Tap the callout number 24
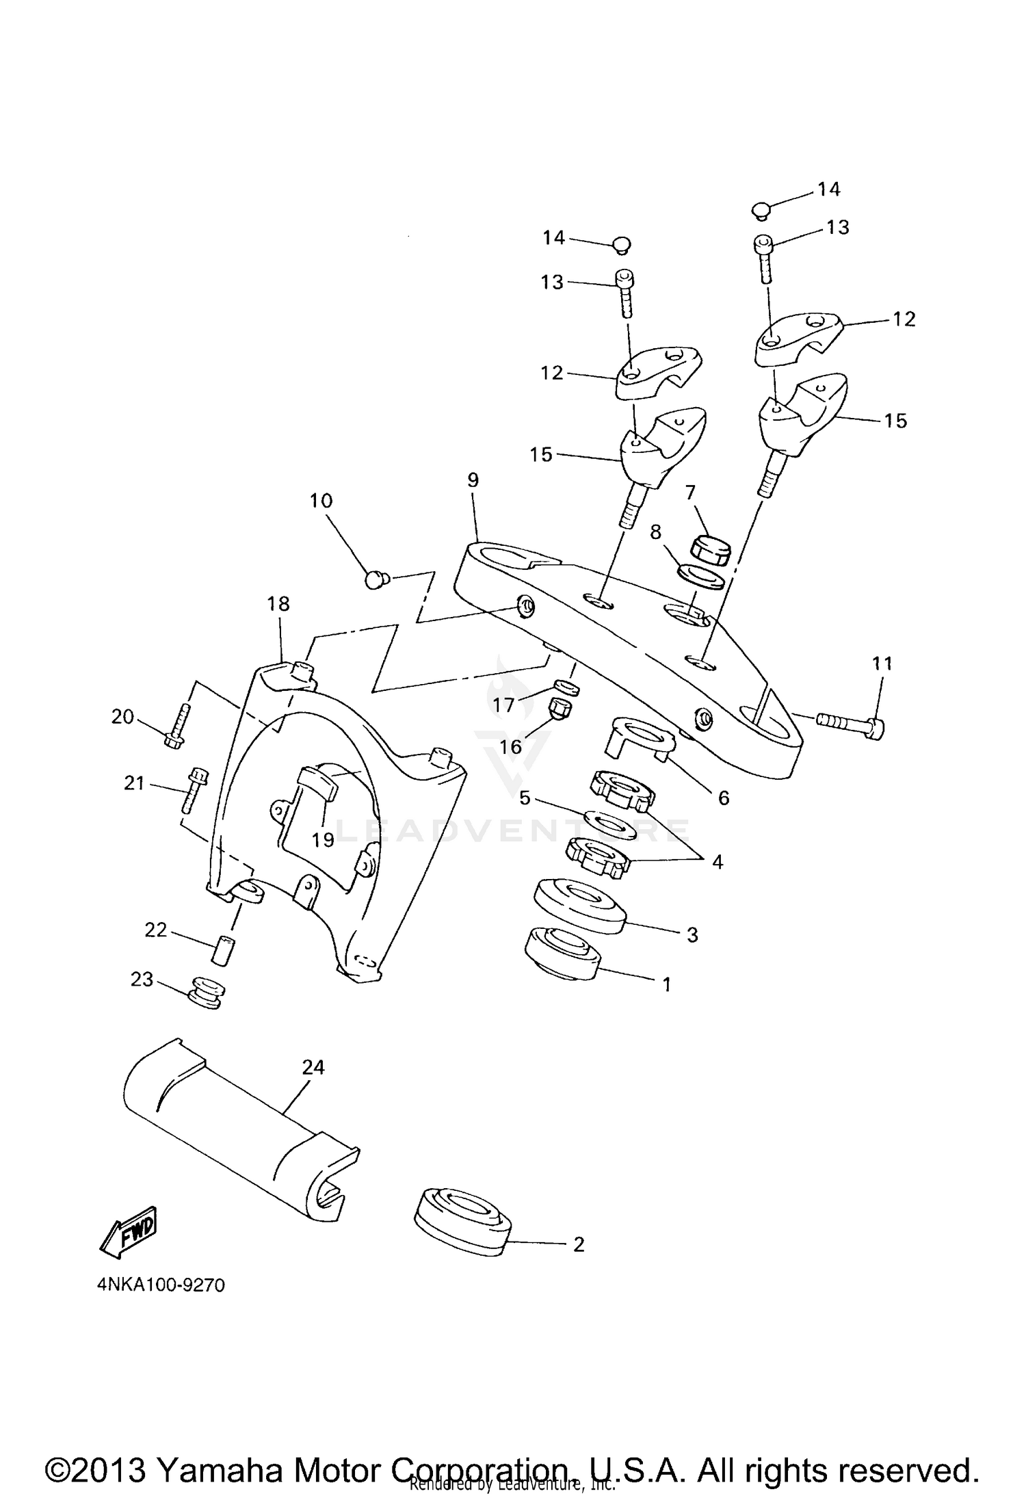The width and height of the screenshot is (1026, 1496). pos(313,1067)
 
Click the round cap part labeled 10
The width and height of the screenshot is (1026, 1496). pos(375,580)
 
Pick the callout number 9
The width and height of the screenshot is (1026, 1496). pos(473,480)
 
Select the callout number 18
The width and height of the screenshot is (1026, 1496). pos(278,604)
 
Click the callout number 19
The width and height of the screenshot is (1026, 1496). pos(323,839)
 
